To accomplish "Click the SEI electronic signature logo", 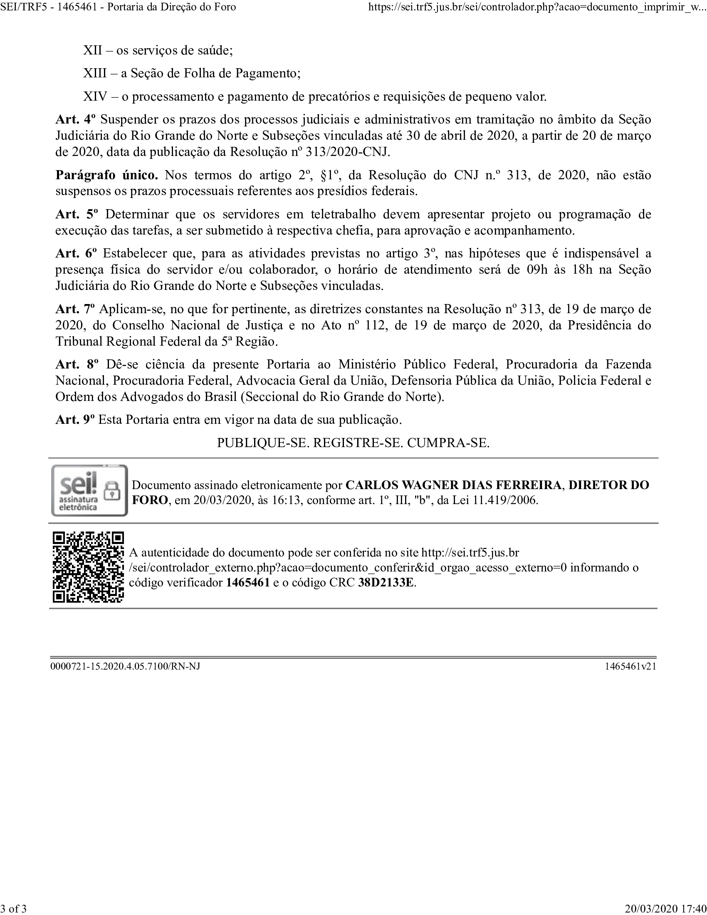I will pos(89,490).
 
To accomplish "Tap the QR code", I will pos(88,567).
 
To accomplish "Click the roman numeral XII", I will pos(93,51).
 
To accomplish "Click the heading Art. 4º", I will pos(75,120).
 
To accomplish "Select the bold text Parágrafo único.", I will pos(107,175).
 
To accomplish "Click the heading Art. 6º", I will pos(76,253).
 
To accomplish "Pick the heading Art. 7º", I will pos(75,309).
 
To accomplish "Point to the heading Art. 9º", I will pos(75,420).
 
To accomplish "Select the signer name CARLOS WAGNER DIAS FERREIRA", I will pos(453,485).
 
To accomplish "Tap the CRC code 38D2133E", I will pos(386,583).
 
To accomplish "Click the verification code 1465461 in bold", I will pos(247,583).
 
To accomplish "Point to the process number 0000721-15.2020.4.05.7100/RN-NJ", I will pos(125,666).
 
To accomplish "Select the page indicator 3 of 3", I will pos(14,909).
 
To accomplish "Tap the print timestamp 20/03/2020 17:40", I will pos(665,909).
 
